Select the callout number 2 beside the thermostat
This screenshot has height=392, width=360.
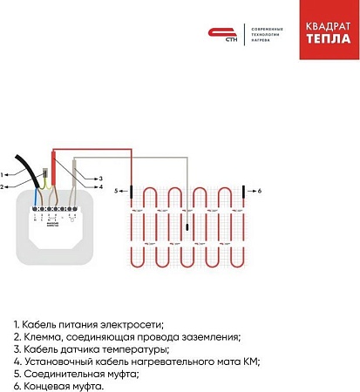tap(4, 186)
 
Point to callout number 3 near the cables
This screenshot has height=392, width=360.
tap(100, 178)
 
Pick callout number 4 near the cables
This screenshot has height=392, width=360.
tap(100, 187)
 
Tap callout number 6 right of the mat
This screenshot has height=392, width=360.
tap(258, 189)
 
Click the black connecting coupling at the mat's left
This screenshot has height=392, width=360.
tap(131, 189)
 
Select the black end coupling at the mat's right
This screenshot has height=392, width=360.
tap(244, 189)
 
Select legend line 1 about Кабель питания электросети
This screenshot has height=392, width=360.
tap(88, 324)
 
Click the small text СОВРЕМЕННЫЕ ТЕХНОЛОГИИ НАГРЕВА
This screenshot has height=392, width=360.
tap(267, 33)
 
